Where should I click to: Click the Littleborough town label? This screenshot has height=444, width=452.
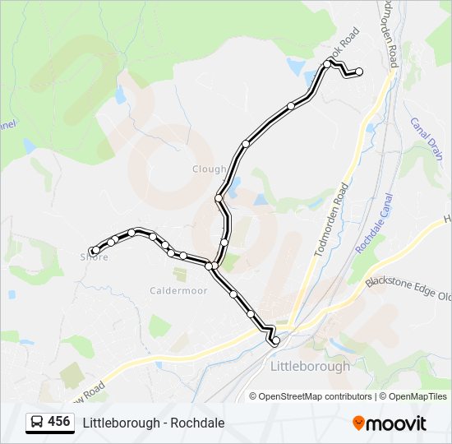pyautogui.click(x=310, y=366)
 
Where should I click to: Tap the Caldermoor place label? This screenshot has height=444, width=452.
pyautogui.click(x=172, y=290)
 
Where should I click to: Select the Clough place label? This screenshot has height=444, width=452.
pyautogui.click(x=209, y=169)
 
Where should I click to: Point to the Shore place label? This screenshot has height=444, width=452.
pyautogui.click(x=94, y=257)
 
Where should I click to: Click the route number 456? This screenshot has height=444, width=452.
pyautogui.click(x=58, y=422)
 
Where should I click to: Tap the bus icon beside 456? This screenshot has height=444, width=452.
pyautogui.click(x=37, y=423)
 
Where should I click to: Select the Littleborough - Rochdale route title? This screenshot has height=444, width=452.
pyautogui.click(x=154, y=423)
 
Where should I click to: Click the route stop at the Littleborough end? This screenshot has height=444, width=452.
pyautogui.click(x=275, y=340)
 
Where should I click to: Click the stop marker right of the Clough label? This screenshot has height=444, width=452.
pyautogui.click(x=246, y=144)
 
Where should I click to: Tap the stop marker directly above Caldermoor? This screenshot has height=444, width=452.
pyautogui.click(x=182, y=256)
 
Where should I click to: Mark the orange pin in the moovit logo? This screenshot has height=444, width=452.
pyautogui.click(x=358, y=423)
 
